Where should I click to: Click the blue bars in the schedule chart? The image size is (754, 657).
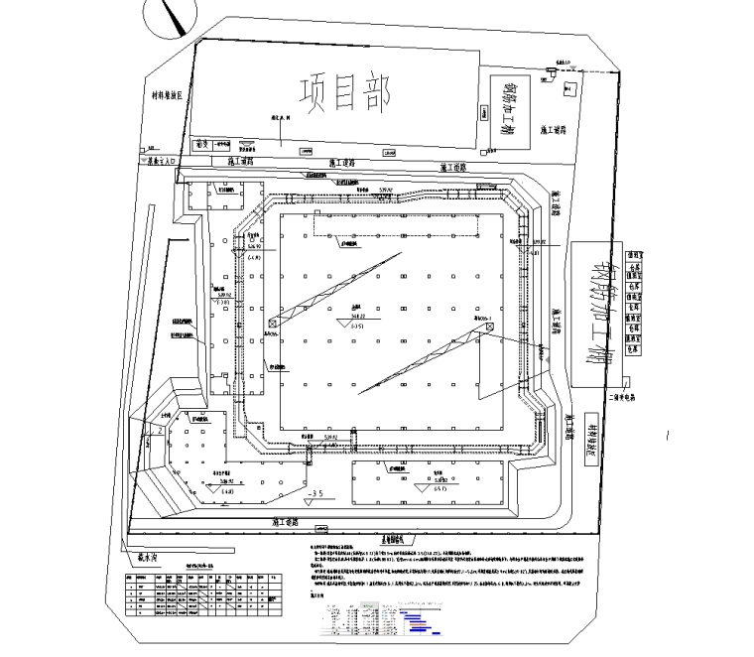pyautogui.click(x=417, y=620)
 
